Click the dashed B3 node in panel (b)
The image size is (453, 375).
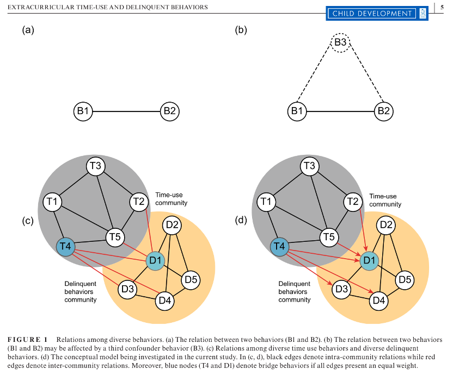pos(340,42)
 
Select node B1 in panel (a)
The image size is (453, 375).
pos(83,112)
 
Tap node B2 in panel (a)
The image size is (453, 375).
pos(169,112)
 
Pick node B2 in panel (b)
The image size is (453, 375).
pos(383,112)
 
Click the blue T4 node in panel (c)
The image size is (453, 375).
pos(66,247)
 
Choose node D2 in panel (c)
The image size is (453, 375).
pos(173,224)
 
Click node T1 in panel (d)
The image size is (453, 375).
pos(267,202)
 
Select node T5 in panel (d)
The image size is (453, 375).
pos(328,236)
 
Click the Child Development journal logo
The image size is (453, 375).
pos(377,13)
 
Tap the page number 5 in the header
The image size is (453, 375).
pos(441,8)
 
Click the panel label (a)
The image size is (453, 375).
pos(28,30)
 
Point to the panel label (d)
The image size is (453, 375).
pos(241,221)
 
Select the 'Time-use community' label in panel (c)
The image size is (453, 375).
pos(171,199)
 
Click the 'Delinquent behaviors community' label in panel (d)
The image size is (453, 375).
pos(295,292)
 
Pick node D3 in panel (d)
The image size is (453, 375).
pos(341,289)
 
